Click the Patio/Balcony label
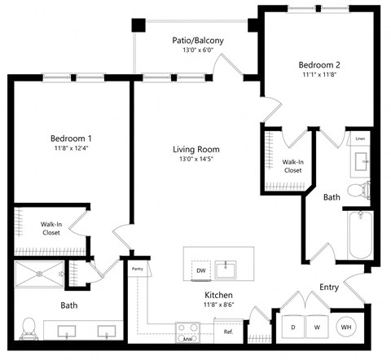(197, 40)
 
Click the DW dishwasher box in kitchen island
(200, 270)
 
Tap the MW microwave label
(187, 338)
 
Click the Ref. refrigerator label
(228, 332)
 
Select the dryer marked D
(292, 327)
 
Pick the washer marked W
(317, 327)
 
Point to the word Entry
(329, 286)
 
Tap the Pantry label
(137, 267)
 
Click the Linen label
(360, 139)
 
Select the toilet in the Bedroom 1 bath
(29, 327)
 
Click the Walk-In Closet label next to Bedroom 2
(293, 165)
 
